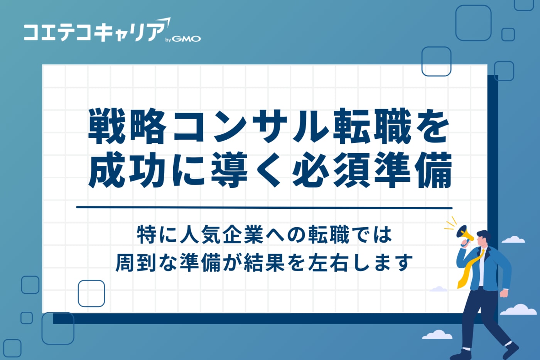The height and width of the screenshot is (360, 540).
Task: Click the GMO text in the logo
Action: click(x=186, y=39)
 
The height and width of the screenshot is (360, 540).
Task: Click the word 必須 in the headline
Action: click(x=331, y=169)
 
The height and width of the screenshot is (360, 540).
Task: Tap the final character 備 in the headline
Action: click(x=433, y=169)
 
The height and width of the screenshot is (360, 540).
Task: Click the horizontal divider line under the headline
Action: click(x=264, y=208)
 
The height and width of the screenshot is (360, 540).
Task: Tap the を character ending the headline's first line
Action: click(x=433, y=126)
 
